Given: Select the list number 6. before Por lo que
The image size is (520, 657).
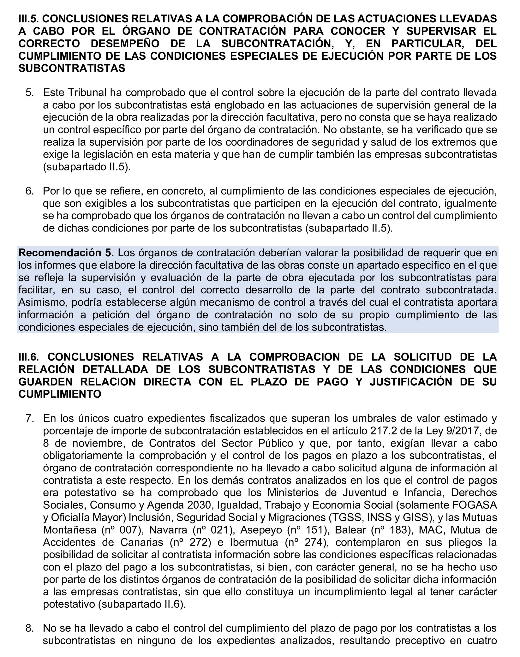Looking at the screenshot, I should point(30,191).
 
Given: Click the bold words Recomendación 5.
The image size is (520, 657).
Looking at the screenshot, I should point(66,253).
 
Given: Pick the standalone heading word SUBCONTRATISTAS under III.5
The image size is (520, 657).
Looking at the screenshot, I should point(72,68).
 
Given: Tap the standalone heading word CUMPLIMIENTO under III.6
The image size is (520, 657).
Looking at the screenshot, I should point(60,394).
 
